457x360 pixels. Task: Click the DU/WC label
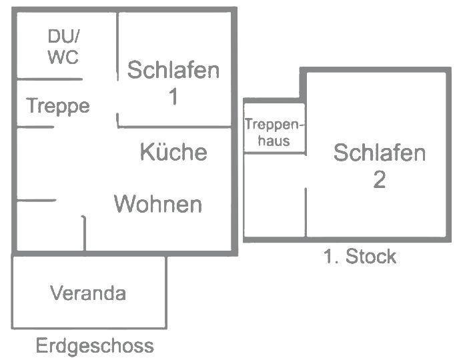pos(63,47)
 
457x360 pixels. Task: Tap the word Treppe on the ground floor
pos(58,106)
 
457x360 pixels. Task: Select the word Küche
pos(173,152)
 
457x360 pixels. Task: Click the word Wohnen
pos(158,203)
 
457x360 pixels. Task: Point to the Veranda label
pos(88,293)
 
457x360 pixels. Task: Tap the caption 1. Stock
pos(360,257)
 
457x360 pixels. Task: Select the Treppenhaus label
pos(274,132)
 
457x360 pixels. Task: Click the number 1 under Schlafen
pos(173,97)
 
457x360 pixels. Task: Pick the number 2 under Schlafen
pos(379,180)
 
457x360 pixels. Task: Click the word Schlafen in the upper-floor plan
pos(379,153)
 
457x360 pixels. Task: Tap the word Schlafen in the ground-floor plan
pos(173,70)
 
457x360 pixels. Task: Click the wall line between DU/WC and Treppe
pos(50,80)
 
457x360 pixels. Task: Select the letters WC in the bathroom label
pos(63,57)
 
